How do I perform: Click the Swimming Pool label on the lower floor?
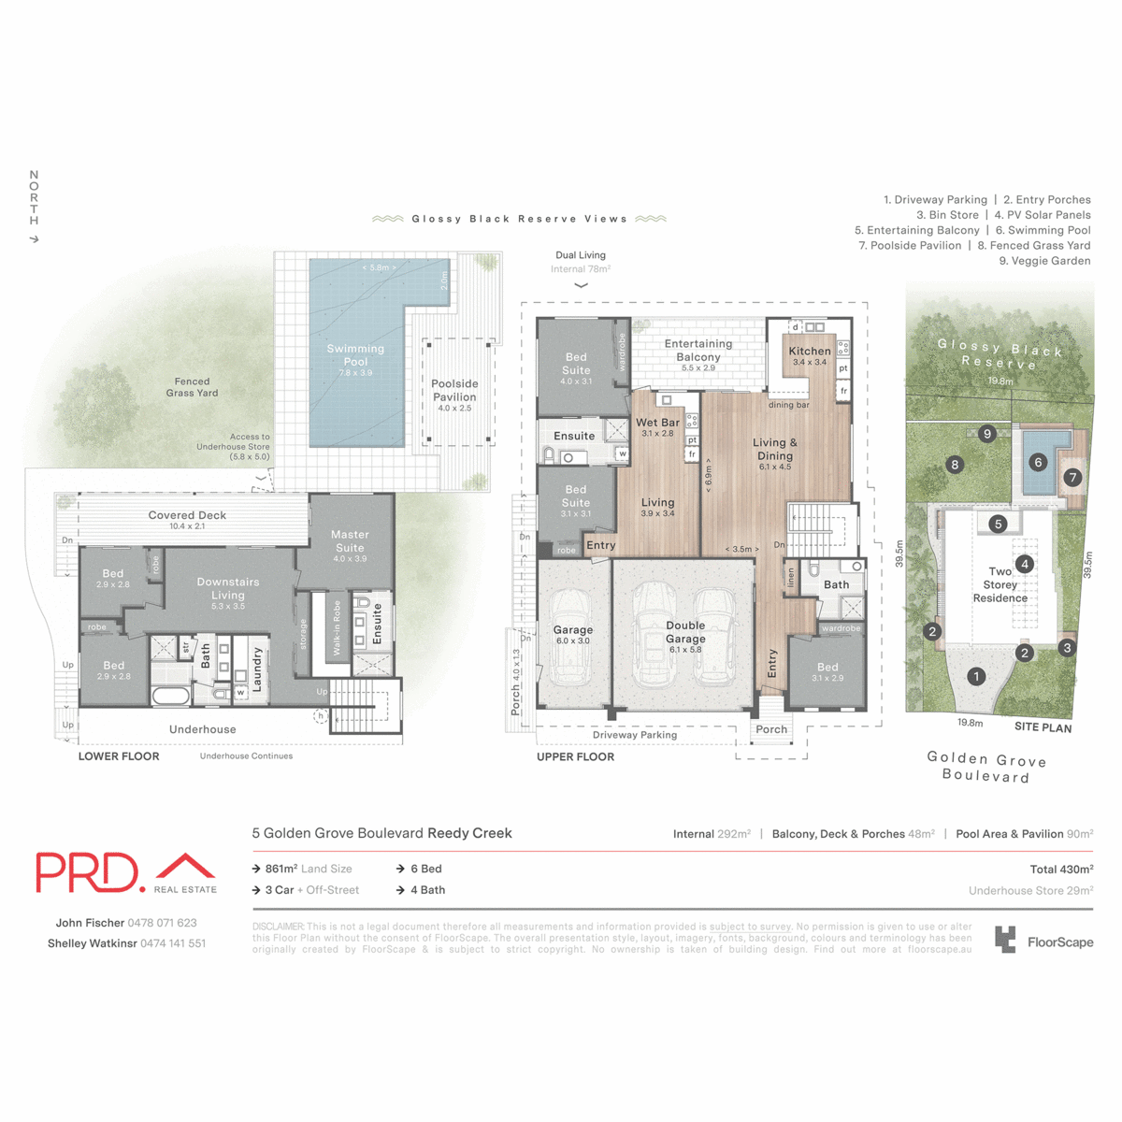[355, 355]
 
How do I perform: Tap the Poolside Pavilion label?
[454, 391]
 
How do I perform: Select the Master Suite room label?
[350, 541]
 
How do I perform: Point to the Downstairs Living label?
[228, 588]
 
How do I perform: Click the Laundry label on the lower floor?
[257, 669]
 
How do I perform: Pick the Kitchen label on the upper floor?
[810, 352]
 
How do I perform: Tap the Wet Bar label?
[657, 424]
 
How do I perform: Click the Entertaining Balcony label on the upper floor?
[698, 351]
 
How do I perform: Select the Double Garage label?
[685, 632]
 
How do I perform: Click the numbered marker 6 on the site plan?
[1038, 462]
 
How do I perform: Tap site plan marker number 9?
[987, 434]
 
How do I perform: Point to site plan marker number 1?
[976, 676]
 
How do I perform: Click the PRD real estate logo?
[126, 873]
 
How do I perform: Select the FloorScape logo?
[1043, 941]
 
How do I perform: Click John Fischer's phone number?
[162, 923]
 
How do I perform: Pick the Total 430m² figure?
[1061, 870]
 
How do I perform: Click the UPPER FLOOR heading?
[575, 756]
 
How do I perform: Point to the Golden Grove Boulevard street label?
[986, 768]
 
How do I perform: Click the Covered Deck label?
[187, 516]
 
